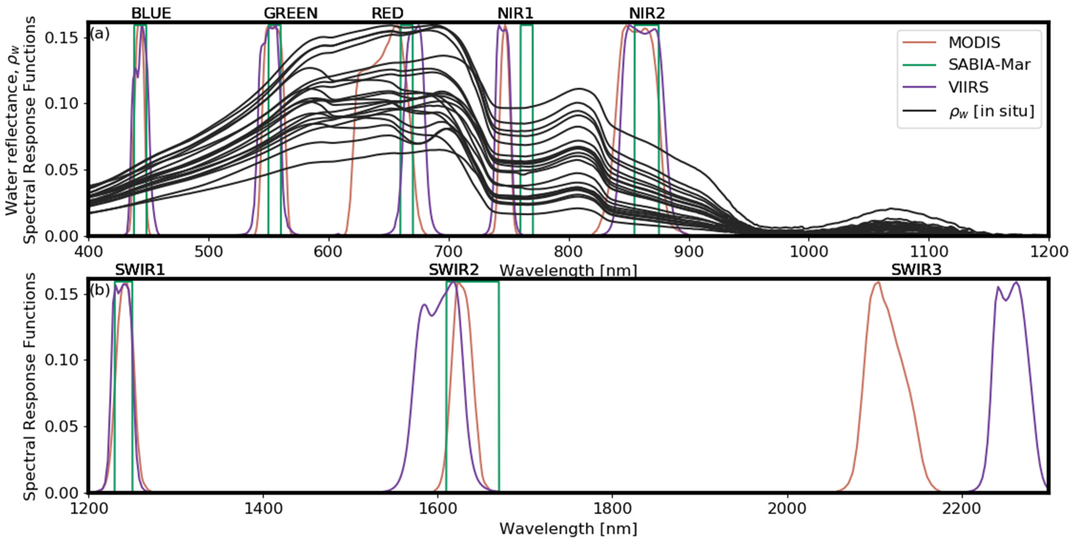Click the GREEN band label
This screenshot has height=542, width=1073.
coord(291,13)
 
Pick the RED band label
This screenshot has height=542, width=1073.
coord(387,13)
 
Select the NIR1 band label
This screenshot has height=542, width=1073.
coord(515,13)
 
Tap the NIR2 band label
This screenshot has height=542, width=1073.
coord(647,13)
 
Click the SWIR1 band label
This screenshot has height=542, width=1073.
coord(140,270)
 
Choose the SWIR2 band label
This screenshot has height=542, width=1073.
coord(454,270)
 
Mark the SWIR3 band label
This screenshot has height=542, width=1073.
coord(916,270)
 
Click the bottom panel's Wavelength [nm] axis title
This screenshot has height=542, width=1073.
coord(568,529)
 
